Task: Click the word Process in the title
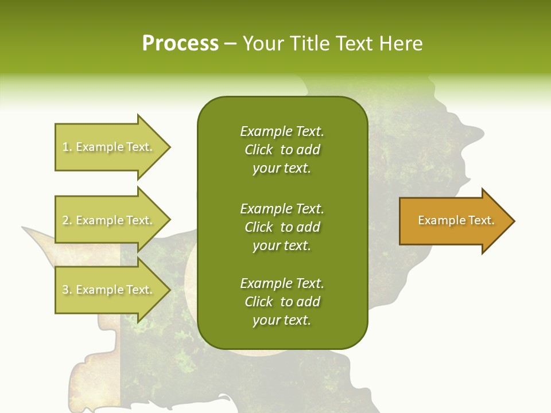pyautogui.click(x=180, y=44)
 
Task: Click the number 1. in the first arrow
pyautogui.click(x=67, y=147)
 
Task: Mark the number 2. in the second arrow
pyautogui.click(x=67, y=220)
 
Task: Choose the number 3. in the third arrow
pyautogui.click(x=67, y=290)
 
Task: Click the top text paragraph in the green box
pyautogui.click(x=282, y=150)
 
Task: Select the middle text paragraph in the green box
pyautogui.click(x=282, y=227)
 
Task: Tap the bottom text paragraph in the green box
pyautogui.click(x=282, y=302)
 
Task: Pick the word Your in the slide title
pyautogui.click(x=262, y=44)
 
